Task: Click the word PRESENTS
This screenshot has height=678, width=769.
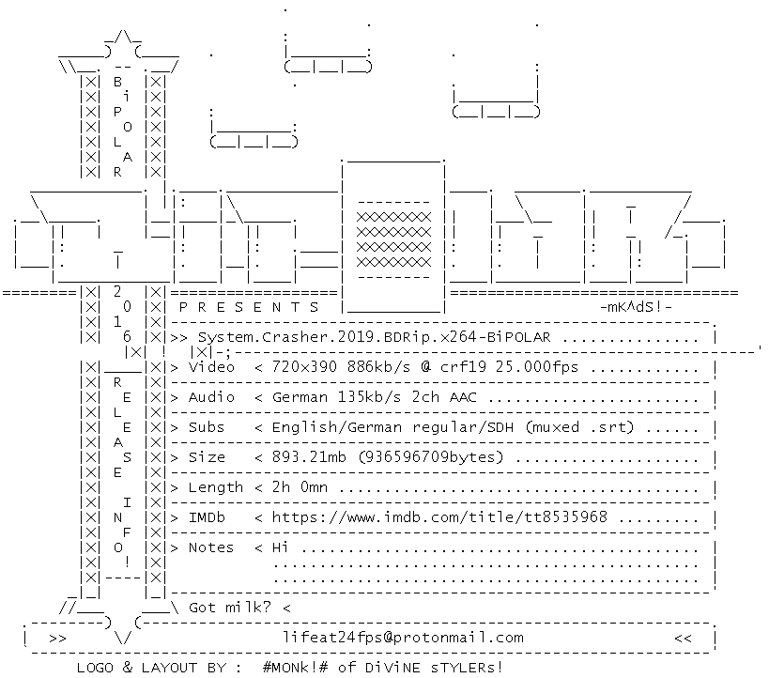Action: [x=249, y=307]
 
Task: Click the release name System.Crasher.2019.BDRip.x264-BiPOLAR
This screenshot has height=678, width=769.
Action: [x=375, y=337]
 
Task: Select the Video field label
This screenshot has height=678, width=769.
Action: [x=211, y=367]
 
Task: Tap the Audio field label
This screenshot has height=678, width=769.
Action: [x=211, y=397]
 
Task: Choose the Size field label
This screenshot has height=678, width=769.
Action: [x=207, y=457]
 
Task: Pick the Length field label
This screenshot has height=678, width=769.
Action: [x=216, y=487]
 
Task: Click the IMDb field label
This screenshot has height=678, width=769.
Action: [x=207, y=517]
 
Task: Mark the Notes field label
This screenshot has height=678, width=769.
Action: [x=211, y=547]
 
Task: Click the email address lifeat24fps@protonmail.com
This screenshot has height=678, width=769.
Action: [x=403, y=638]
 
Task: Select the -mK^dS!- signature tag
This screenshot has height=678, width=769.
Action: [x=636, y=307]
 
